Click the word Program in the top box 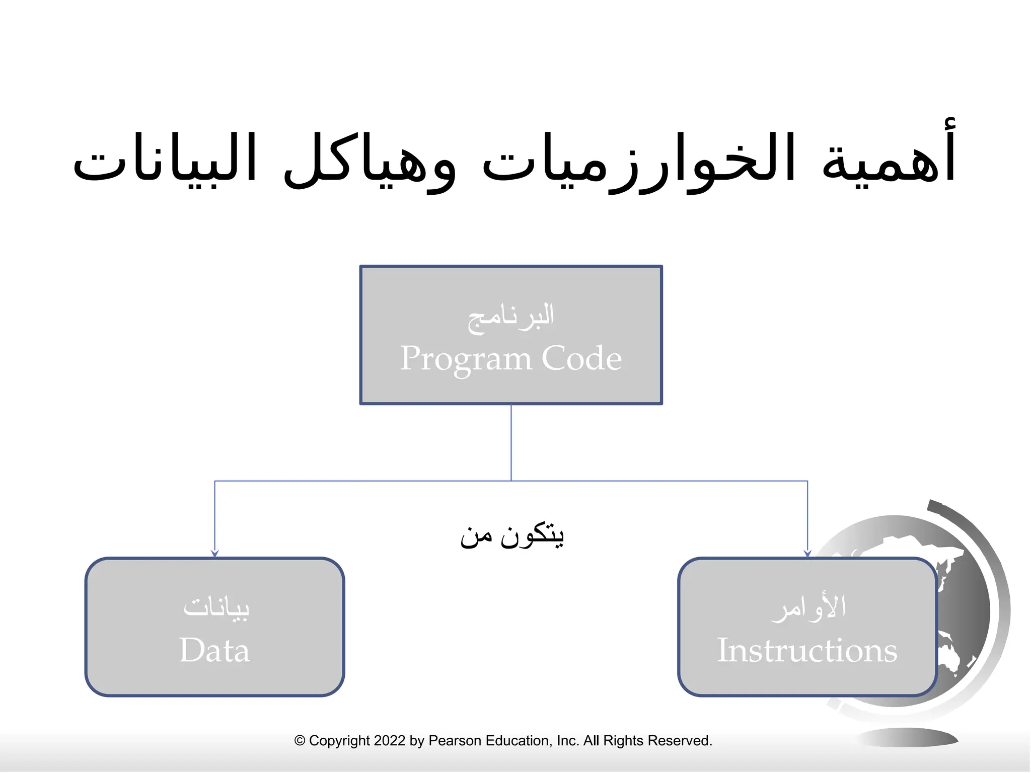pos(466,359)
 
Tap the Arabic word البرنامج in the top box pos(510,317)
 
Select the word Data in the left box pos(214,650)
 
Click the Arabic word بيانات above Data pos(216,607)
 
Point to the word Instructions pos(807,650)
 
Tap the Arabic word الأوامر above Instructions pos(808,607)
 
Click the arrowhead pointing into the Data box pos(215,554)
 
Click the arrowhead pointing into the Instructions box pos(807,554)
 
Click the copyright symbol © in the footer pos(300,741)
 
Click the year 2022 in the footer pos(390,741)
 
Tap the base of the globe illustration pos(906,738)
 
